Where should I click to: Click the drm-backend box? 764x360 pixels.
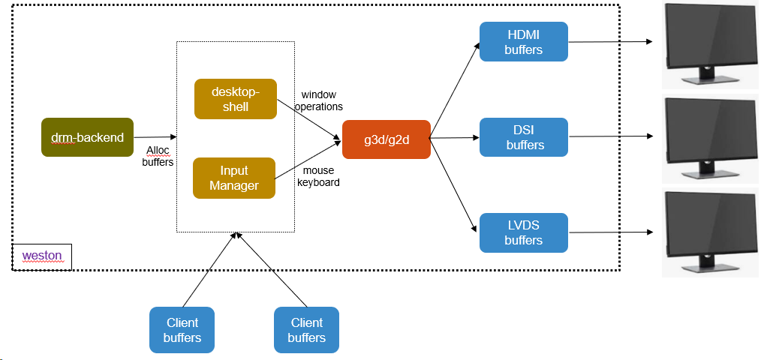[87, 137]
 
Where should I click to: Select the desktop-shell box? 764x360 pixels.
[235, 99]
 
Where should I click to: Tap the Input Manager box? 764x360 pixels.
[234, 178]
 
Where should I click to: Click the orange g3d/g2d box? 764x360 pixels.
[386, 139]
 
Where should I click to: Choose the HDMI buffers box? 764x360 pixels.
[523, 42]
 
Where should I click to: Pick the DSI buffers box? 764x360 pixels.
[523, 137]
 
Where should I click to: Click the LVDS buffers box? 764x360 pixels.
[523, 232]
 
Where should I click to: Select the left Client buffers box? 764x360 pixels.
[182, 330]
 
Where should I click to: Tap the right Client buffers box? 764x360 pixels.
[306, 330]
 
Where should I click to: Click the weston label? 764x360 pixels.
[42, 256]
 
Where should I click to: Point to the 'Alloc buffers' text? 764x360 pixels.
[158, 156]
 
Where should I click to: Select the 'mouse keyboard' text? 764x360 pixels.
[318, 176]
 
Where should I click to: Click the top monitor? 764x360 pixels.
[708, 45]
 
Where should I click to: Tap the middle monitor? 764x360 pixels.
[708, 139]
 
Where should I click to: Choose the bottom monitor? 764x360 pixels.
[708, 232]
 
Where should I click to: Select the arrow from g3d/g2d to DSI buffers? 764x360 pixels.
[455, 137]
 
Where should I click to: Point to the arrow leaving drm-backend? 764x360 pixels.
[155, 137]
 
